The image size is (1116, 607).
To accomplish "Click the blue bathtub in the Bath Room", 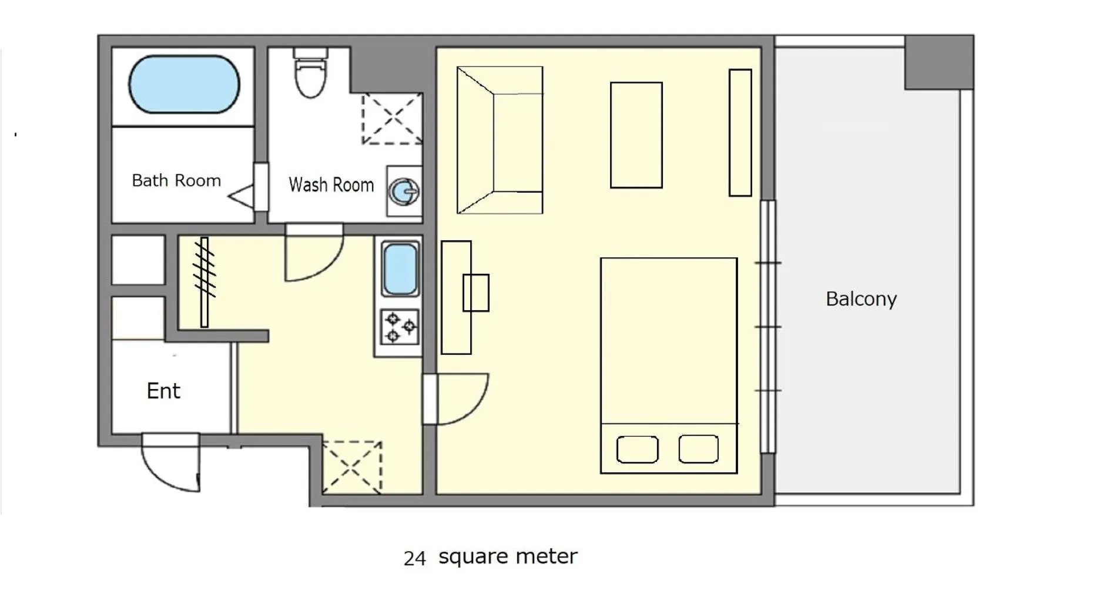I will [184, 84].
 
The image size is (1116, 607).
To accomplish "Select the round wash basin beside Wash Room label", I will [404, 191].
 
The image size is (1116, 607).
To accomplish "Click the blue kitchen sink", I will [400, 268].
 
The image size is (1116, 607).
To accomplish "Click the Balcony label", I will [861, 299].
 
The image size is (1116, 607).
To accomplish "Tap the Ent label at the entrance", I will [163, 391].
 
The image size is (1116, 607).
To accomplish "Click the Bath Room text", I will [176, 180].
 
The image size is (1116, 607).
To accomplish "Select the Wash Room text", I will [331, 185].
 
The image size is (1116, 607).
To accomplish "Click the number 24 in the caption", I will [414, 558].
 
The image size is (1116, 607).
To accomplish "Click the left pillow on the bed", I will [637, 450].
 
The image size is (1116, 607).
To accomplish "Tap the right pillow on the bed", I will [698, 449].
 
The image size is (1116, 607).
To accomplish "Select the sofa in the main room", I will [500, 140].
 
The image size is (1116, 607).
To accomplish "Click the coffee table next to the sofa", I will [636, 135].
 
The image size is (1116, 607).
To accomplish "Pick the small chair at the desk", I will [476, 293].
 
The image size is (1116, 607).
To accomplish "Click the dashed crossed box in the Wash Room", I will [391, 119].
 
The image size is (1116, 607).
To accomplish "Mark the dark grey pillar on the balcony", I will [939, 62].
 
